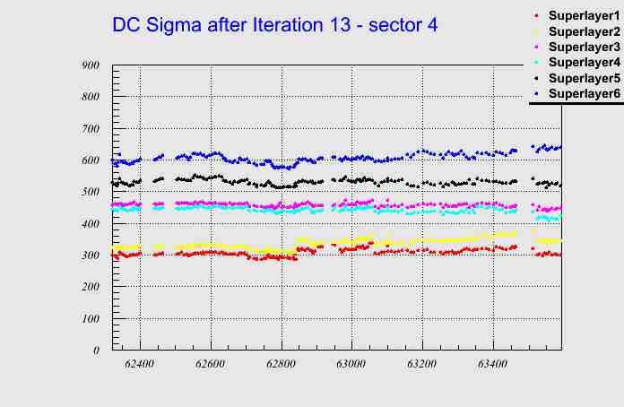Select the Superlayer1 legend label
coord(584,16)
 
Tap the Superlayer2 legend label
coord(584,31)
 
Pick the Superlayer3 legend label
coord(584,47)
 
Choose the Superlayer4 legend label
coord(584,62)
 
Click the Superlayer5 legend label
coord(584,78)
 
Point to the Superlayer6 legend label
coord(584,93)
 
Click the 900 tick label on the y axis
coord(90,65)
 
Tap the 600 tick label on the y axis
coord(90,160)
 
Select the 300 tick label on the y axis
coord(90,255)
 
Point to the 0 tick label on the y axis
coord(96,351)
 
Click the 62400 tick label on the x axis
coord(140,365)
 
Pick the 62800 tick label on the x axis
coord(281,365)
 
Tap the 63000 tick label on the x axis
coord(351,365)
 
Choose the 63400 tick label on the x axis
coord(492,365)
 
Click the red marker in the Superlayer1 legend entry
coord(536,16)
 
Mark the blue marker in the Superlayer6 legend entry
coord(536,93)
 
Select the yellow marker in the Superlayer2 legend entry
coord(536,31)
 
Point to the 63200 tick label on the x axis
coord(421,365)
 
